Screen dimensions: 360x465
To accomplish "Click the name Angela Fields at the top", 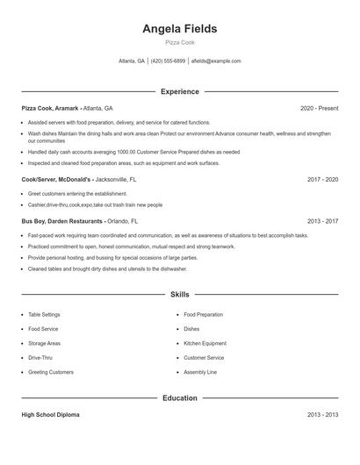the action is (180, 29).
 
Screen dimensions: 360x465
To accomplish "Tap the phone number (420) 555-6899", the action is (168, 61).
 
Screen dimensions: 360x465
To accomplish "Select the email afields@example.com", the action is (216, 61).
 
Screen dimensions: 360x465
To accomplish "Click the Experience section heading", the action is (180, 91).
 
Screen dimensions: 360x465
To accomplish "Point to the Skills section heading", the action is (180, 295).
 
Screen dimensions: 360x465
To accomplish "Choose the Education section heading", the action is (180, 398).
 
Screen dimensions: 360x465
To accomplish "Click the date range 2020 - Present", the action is (319, 108).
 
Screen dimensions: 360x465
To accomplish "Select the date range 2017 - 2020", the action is (322, 179).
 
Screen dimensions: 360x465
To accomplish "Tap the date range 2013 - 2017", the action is (322, 222).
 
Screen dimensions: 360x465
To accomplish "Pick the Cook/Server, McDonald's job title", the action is (56, 179).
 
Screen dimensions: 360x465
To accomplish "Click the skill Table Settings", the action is (45, 314).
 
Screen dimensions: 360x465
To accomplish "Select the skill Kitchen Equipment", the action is (205, 343).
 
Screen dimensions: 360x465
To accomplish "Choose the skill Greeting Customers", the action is (51, 372).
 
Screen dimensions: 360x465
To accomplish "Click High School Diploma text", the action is (50, 414).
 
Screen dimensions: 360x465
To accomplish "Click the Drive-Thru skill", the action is (40, 358).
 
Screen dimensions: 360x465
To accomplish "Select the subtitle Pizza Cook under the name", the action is (180, 42).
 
